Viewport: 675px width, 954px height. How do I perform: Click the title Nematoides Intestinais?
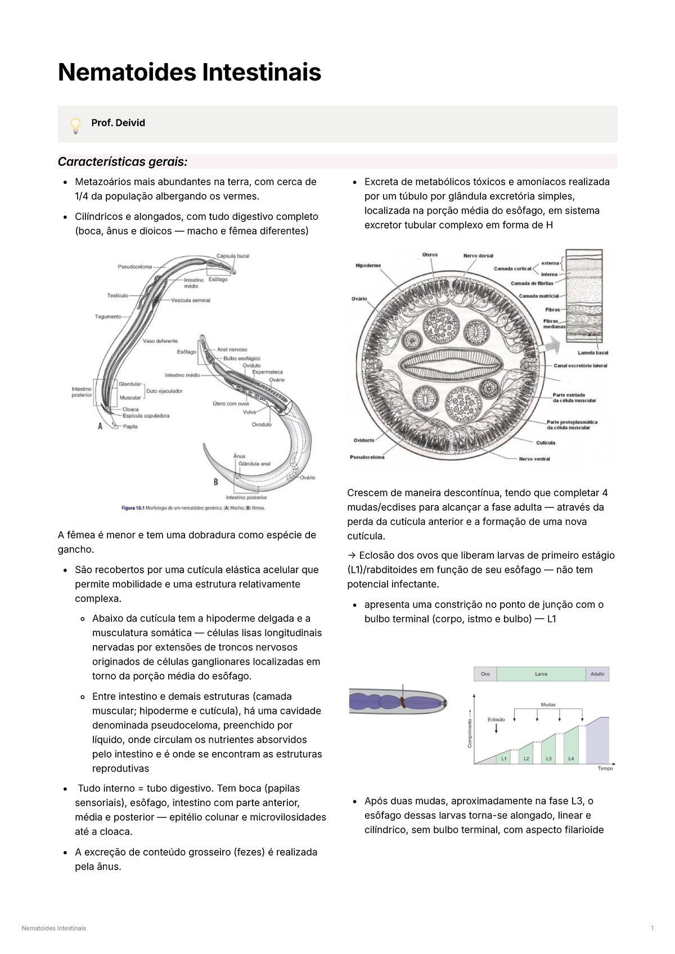190,73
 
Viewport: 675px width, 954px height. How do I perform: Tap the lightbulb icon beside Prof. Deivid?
75,125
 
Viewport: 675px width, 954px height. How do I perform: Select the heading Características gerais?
123,162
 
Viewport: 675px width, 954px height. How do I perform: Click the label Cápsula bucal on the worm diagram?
233,256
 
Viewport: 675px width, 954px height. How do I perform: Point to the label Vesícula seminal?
191,300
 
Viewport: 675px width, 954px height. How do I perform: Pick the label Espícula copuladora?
146,416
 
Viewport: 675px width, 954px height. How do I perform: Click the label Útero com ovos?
231,403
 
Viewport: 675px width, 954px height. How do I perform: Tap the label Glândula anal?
254,464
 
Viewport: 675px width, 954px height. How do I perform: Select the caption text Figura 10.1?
133,508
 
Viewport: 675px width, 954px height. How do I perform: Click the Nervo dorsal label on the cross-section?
478,256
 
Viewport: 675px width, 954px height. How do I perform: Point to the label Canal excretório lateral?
580,366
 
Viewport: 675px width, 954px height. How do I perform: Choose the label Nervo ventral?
534,459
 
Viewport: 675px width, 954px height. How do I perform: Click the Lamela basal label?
593,353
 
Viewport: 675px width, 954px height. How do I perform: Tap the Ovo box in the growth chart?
485,674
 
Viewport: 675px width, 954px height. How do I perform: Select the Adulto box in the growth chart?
597,674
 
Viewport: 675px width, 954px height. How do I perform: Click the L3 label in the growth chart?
548,759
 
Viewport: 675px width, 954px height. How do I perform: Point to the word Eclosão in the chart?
496,719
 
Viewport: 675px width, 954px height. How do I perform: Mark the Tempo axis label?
605,768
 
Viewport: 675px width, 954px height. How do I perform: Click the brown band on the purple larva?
403,701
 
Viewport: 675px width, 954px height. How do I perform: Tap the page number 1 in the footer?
652,928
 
